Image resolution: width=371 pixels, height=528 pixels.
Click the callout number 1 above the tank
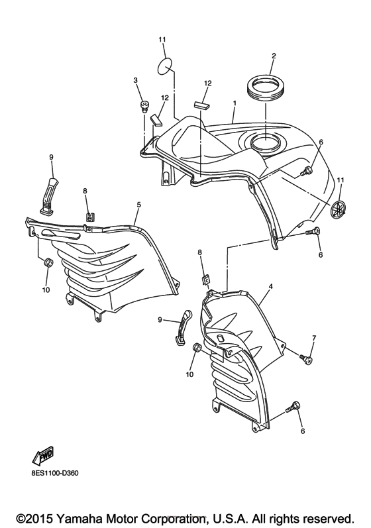pyautogui.click(x=235, y=104)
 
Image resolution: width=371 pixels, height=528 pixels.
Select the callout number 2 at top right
pyautogui.click(x=273, y=56)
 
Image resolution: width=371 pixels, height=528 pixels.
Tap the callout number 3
pyautogui.click(x=135, y=80)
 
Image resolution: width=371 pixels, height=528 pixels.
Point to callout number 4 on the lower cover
pyautogui.click(x=270, y=288)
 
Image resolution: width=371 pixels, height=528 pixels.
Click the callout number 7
pyautogui.click(x=314, y=338)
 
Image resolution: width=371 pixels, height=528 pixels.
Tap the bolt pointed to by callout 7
pyautogui.click(x=306, y=358)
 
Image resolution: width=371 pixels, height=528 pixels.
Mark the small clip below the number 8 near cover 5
pyautogui.click(x=88, y=217)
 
